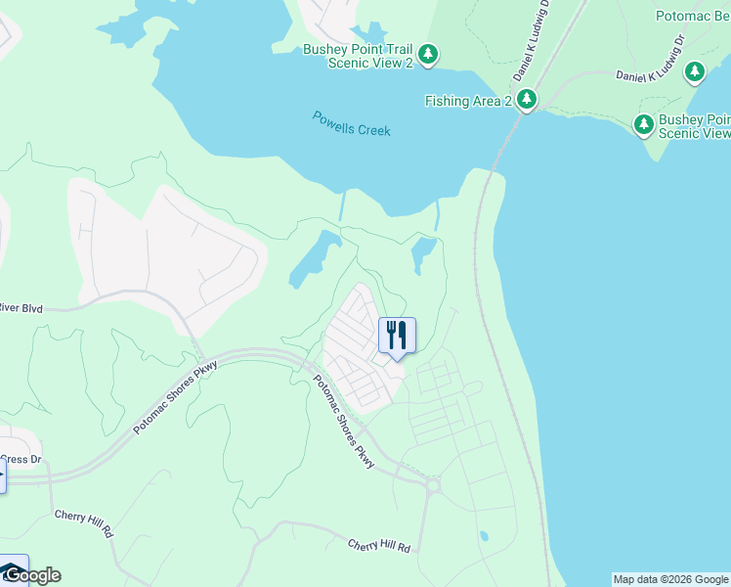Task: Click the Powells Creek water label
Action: pyautogui.click(x=351, y=123)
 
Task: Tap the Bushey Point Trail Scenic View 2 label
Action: pyautogui.click(x=358, y=56)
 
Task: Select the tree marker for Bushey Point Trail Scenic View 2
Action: pyautogui.click(x=428, y=54)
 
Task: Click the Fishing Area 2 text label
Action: pyautogui.click(x=468, y=101)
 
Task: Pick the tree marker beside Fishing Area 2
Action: pyautogui.click(x=527, y=99)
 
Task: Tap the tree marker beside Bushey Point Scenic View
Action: pyautogui.click(x=644, y=124)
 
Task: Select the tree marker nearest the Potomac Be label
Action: pyautogui.click(x=695, y=71)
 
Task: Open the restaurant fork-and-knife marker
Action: pyautogui.click(x=397, y=336)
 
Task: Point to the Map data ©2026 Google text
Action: pyautogui.click(x=670, y=579)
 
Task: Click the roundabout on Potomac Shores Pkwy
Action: pyautogui.click(x=432, y=483)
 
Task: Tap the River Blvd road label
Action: pyautogui.click(x=21, y=308)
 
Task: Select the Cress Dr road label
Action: pyautogui.click(x=21, y=458)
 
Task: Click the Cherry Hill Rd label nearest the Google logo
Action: pyautogui.click(x=85, y=523)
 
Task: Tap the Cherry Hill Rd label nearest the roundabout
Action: pyautogui.click(x=379, y=545)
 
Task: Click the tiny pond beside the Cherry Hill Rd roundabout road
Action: pyautogui.click(x=484, y=536)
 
